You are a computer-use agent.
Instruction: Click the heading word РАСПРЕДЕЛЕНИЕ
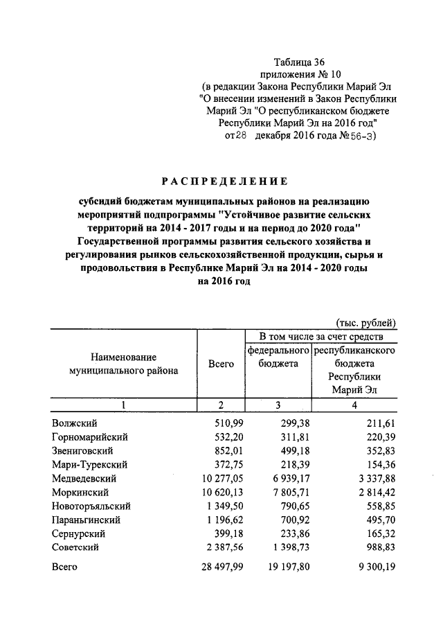(x=224, y=182)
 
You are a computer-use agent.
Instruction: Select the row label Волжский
(x=74, y=423)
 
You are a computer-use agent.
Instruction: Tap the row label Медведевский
(x=84, y=478)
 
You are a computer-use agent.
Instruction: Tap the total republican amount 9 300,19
(x=374, y=567)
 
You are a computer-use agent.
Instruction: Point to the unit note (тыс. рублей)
(x=366, y=322)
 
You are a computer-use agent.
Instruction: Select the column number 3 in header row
(x=278, y=405)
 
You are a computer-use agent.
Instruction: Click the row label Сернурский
(x=78, y=533)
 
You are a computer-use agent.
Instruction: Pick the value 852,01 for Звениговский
(x=218, y=450)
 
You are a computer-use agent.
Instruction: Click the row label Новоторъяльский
(x=91, y=506)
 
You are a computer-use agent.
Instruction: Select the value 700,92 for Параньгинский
(x=293, y=520)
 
